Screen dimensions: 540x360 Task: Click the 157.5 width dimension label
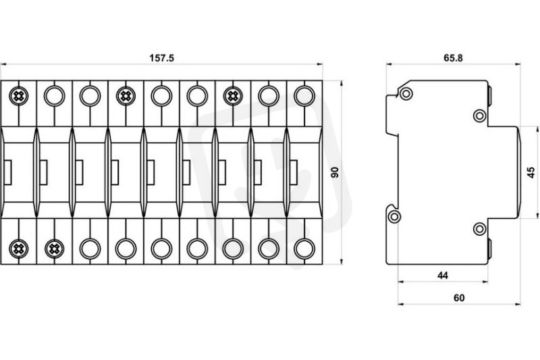click(161, 58)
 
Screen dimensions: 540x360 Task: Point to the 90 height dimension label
click(335, 172)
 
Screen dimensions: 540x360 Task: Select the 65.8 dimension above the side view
click(453, 58)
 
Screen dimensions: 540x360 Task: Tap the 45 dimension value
click(531, 172)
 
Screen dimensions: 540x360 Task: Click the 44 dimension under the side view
click(443, 276)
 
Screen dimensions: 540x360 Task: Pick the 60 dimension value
click(459, 298)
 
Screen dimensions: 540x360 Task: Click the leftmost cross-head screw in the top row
click(19, 96)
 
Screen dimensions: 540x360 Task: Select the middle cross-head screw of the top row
click(126, 96)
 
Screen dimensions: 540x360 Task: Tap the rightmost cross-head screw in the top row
click(233, 96)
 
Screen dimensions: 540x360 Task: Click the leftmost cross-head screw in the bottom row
click(19, 249)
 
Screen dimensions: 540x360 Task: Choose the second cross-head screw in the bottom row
click(55, 249)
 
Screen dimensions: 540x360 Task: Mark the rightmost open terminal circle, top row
click(304, 96)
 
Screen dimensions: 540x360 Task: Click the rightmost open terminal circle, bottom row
click(304, 249)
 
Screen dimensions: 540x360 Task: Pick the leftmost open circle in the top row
click(55, 96)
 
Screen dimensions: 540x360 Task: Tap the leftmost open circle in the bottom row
click(90, 249)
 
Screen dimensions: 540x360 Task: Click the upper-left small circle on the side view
click(406, 93)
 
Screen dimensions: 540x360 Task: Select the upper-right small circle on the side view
click(480, 115)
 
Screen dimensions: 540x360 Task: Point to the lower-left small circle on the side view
click(394, 217)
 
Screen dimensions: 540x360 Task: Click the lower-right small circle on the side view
click(480, 229)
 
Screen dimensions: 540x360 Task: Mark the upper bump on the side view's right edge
click(489, 97)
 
